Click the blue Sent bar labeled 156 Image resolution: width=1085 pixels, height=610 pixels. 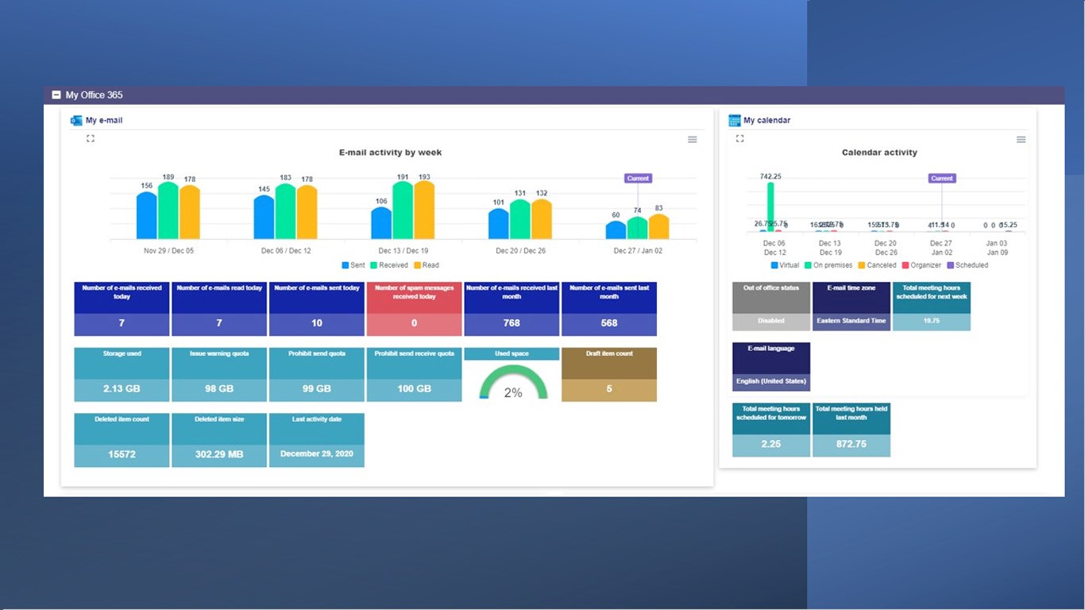(147, 216)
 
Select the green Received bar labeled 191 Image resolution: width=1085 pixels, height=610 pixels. (403, 211)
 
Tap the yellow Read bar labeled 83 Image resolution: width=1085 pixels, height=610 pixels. (658, 227)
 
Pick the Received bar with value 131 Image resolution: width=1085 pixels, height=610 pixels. (519, 220)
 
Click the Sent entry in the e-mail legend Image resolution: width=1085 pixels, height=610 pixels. (353, 265)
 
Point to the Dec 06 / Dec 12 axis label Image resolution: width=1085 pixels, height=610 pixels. (286, 251)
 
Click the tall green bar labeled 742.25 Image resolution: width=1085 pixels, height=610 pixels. (770, 207)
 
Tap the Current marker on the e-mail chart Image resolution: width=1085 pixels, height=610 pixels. (638, 179)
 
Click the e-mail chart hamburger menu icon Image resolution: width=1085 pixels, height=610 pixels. (693, 140)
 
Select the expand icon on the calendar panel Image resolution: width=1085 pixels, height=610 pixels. (739, 139)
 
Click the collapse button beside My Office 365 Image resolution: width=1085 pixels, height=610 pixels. (56, 95)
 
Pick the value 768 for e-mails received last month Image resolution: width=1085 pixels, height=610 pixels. (512, 323)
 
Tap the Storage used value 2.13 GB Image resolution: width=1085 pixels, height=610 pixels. (122, 389)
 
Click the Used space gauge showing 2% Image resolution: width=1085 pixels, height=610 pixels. (513, 384)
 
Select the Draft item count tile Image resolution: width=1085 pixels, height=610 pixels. (609, 374)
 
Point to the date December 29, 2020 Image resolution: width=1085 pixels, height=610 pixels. (317, 454)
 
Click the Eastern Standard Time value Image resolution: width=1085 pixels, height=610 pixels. (851, 321)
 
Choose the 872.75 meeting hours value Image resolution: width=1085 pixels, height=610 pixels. (851, 444)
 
